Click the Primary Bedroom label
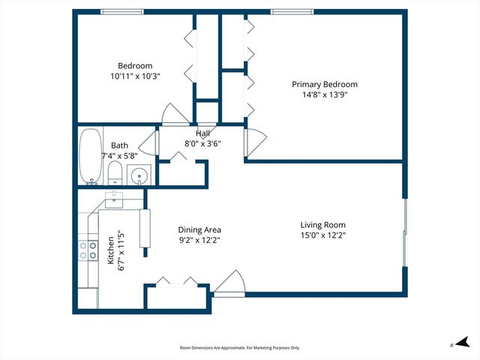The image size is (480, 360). [x=324, y=85]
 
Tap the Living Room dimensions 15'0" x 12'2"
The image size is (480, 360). [x=322, y=235]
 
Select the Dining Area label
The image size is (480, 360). [x=199, y=230]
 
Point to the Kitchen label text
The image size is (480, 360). [x=110, y=251]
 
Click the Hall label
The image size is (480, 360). [x=202, y=133]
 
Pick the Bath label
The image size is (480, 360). [x=119, y=145]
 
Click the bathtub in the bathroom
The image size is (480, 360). [x=91, y=156]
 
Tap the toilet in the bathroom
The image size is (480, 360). [x=115, y=175]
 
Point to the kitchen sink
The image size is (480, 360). [x=114, y=199]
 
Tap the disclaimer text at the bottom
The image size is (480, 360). [x=240, y=348]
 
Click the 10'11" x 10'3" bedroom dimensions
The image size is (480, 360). [x=135, y=76]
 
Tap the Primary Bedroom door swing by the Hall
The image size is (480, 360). [x=253, y=140]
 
